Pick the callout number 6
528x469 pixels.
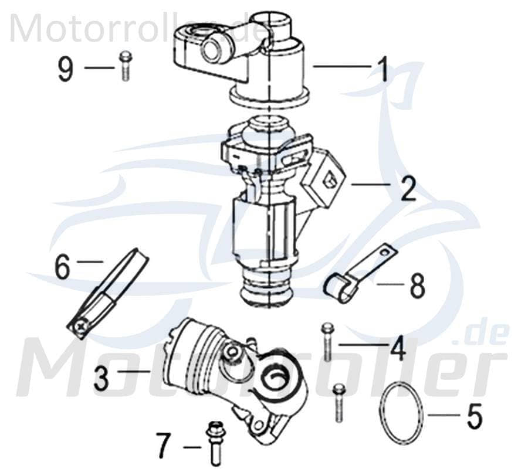click(x=62, y=267)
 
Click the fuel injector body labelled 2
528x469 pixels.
click(x=270, y=205)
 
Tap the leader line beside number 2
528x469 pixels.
click(x=370, y=185)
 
